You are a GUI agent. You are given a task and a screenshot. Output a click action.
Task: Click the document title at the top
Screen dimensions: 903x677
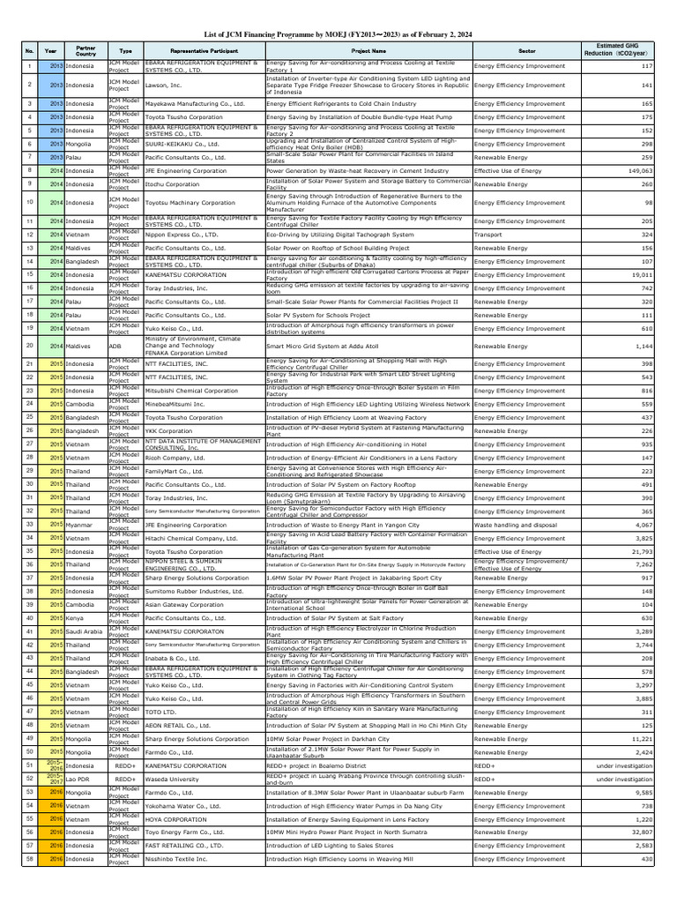click(338, 34)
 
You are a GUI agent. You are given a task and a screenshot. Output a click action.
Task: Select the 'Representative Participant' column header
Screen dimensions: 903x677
click(203, 52)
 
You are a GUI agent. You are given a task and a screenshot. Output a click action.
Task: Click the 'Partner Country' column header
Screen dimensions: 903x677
click(86, 52)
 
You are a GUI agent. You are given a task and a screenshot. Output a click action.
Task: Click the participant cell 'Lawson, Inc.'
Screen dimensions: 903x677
click(163, 85)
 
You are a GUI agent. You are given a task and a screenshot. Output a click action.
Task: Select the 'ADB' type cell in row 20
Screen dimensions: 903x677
click(115, 347)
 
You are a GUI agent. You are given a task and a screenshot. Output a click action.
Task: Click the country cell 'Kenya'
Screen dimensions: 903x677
click(76, 618)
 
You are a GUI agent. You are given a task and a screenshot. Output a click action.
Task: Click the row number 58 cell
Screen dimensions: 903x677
click(29, 858)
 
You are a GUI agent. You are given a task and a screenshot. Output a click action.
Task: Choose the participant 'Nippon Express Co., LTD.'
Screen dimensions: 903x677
click(182, 235)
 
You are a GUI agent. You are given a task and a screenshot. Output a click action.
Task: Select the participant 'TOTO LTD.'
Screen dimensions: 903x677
click(161, 712)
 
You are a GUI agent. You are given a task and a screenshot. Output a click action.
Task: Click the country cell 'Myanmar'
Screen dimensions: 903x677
click(79, 525)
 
